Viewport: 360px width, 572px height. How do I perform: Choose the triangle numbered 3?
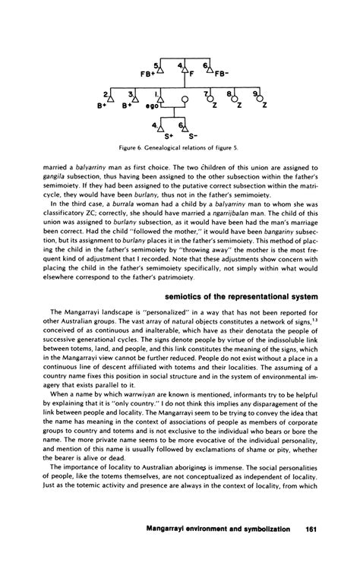135,96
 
